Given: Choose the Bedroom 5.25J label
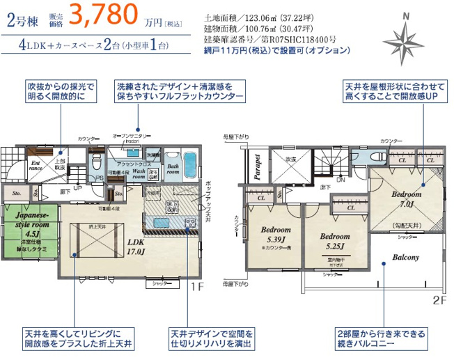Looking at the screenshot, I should [335, 240].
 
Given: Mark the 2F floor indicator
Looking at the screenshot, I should [440, 300].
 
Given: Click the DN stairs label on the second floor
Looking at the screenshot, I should [340, 180].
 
